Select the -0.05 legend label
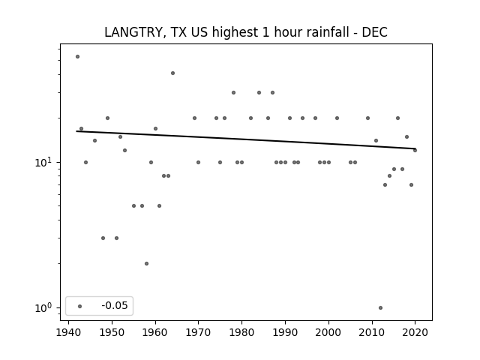point(115,305)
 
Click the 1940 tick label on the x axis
point(68,332)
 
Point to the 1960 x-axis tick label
point(155,332)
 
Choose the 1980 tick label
point(241,332)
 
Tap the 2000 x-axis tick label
point(328,332)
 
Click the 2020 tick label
point(415,332)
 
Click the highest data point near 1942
point(77,57)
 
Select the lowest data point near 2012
point(380,308)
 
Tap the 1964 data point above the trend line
point(172,73)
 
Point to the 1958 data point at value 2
point(147,263)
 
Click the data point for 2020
point(415,150)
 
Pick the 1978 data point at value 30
point(233,93)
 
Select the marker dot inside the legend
point(80,306)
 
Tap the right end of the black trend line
point(415,148)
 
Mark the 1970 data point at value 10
point(198,162)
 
